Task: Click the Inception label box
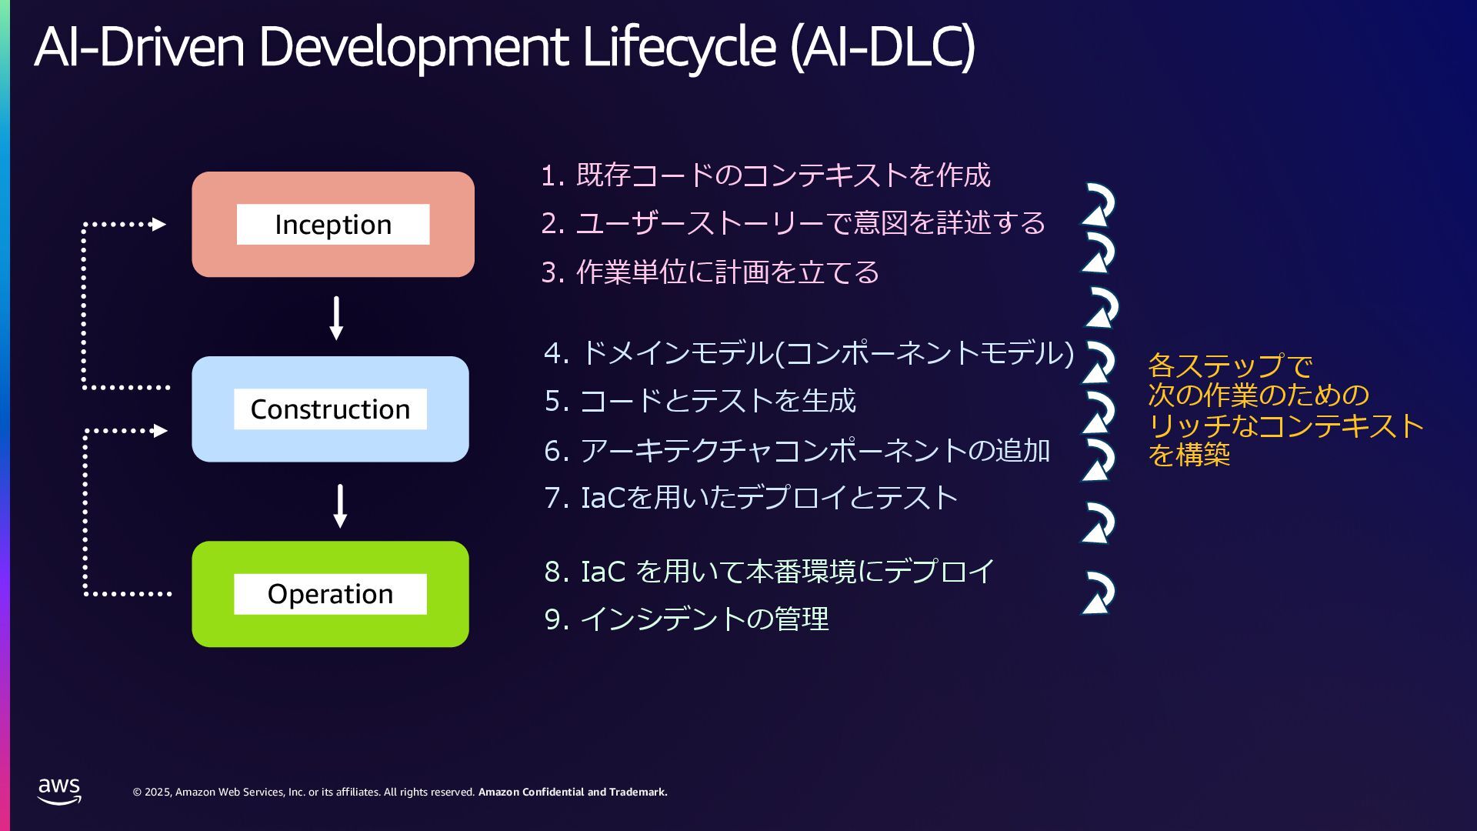pyautogui.click(x=332, y=224)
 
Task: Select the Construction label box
pyautogui.click(x=330, y=409)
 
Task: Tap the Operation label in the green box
pyautogui.click(x=330, y=593)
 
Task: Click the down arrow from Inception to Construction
pyautogui.click(x=336, y=318)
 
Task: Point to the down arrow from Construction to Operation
pyautogui.click(x=340, y=506)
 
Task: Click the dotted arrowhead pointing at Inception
pyautogui.click(x=158, y=224)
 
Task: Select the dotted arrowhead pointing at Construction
pyautogui.click(x=159, y=431)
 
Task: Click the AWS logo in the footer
pyautogui.click(x=59, y=790)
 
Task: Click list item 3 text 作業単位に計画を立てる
pyautogui.click(x=727, y=272)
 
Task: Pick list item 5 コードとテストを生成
pyautogui.click(x=717, y=401)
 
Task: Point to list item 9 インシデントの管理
pyautogui.click(x=703, y=619)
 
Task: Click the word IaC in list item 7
pyautogui.click(x=603, y=498)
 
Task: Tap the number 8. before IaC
pyautogui.click(x=556, y=572)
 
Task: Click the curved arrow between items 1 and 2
pyautogui.click(x=1099, y=204)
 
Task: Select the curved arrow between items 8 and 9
pyautogui.click(x=1098, y=592)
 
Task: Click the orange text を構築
pyautogui.click(x=1189, y=455)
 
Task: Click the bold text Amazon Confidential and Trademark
pyautogui.click(x=572, y=792)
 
